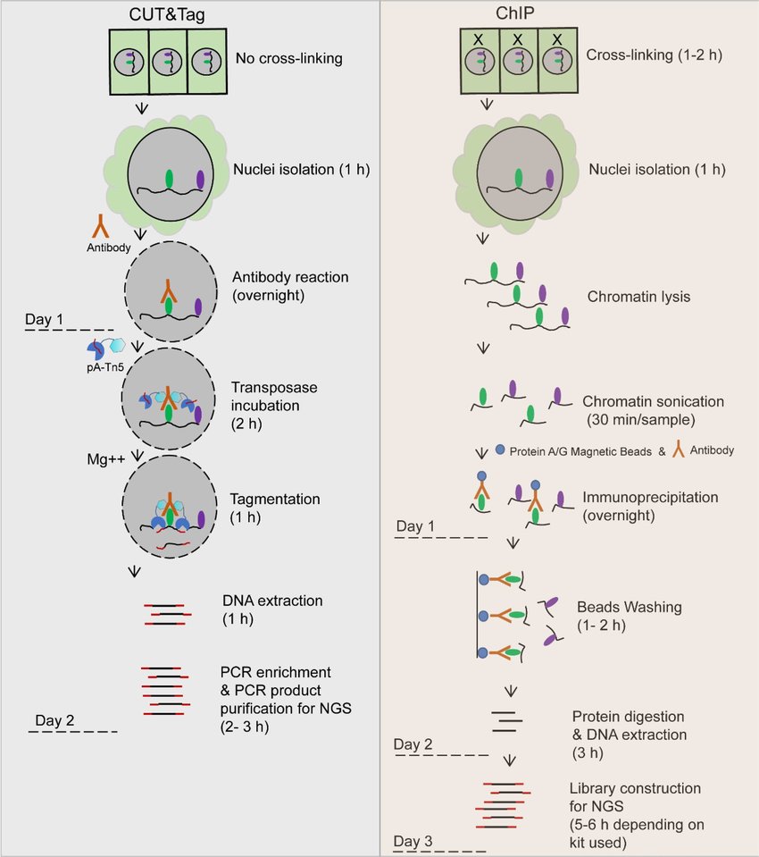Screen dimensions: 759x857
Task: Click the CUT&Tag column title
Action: click(167, 13)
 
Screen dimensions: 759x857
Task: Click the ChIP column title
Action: click(514, 13)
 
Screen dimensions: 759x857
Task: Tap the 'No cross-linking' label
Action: click(288, 58)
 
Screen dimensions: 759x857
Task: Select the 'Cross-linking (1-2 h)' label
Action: click(655, 55)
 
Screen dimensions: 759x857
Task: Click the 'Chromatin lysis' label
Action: click(638, 297)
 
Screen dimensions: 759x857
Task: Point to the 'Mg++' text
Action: click(106, 459)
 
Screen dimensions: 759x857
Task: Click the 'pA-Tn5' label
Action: click(105, 367)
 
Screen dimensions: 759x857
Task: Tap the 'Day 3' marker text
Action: click(413, 841)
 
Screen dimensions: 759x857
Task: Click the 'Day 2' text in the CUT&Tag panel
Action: click(54, 720)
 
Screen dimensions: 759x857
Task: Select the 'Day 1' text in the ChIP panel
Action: click(415, 526)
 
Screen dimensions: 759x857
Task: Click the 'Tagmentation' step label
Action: click(275, 499)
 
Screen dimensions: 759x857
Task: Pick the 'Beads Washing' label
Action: click(630, 607)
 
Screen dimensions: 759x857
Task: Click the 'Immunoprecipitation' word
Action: click(650, 498)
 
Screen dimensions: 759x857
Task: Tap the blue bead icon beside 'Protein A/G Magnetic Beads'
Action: click(500, 450)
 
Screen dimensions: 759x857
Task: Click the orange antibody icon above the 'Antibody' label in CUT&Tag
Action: click(100, 226)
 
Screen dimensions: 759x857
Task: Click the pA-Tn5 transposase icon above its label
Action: click(105, 349)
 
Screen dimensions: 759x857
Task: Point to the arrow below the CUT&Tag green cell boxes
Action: click(142, 107)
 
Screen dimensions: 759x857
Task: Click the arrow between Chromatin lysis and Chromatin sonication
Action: click(483, 348)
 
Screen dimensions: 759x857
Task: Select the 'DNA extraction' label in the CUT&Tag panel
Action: click(272, 601)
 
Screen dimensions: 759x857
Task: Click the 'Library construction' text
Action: click(635, 788)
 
